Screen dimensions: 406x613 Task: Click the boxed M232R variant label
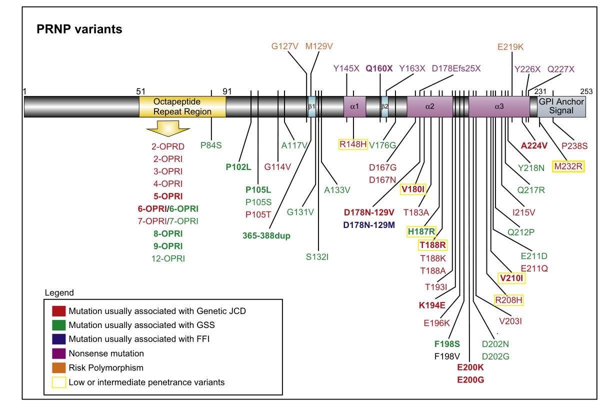(568, 166)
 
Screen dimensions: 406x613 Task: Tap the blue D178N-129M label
(368, 225)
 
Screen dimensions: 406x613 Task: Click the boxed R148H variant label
(353, 144)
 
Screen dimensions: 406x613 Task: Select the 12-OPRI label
(168, 258)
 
